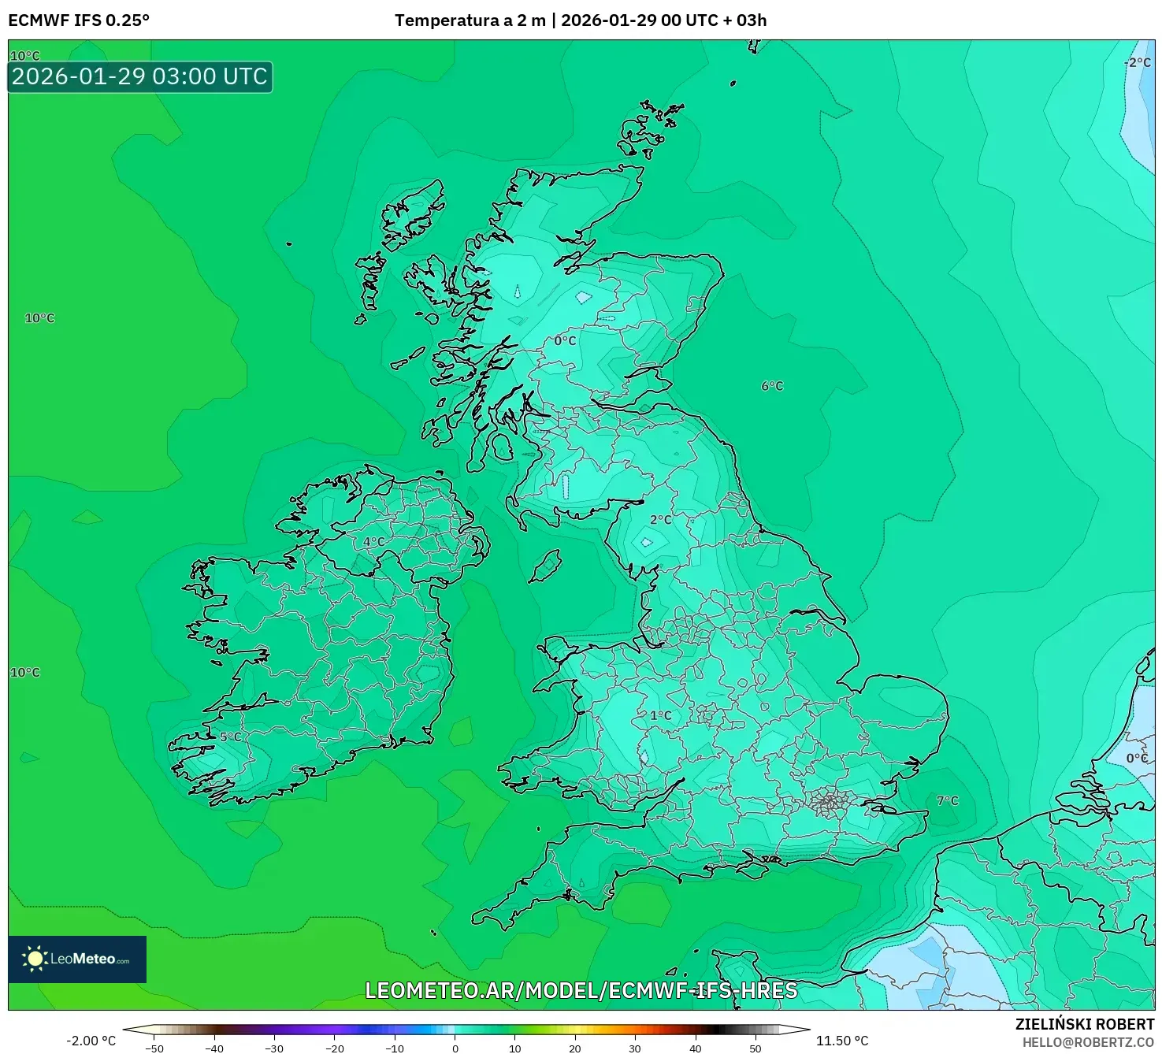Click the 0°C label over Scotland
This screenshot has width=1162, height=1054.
(x=565, y=341)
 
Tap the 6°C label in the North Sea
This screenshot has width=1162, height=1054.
(x=772, y=386)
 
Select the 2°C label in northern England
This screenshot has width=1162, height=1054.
(x=661, y=520)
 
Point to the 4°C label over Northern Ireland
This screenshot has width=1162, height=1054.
(x=373, y=542)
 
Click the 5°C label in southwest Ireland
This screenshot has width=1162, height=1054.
(x=231, y=737)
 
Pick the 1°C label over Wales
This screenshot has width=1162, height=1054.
(x=661, y=715)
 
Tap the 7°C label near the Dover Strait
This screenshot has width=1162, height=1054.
(x=948, y=800)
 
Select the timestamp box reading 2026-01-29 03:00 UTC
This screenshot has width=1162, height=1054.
(x=140, y=76)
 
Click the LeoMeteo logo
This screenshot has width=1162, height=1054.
(x=77, y=959)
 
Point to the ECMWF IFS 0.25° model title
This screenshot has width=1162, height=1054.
(x=79, y=20)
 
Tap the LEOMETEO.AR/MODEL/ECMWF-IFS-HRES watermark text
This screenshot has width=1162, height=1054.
(x=581, y=990)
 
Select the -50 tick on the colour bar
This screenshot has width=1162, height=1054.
(x=155, y=1048)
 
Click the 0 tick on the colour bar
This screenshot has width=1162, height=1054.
(x=455, y=1048)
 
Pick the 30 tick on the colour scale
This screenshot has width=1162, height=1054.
(x=635, y=1048)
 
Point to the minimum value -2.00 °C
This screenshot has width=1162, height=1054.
(x=91, y=1041)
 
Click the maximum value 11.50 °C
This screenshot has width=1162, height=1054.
(x=842, y=1041)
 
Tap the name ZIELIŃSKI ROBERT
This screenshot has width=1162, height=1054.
(x=1085, y=1024)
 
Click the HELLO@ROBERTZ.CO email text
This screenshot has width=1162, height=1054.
(x=1088, y=1042)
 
